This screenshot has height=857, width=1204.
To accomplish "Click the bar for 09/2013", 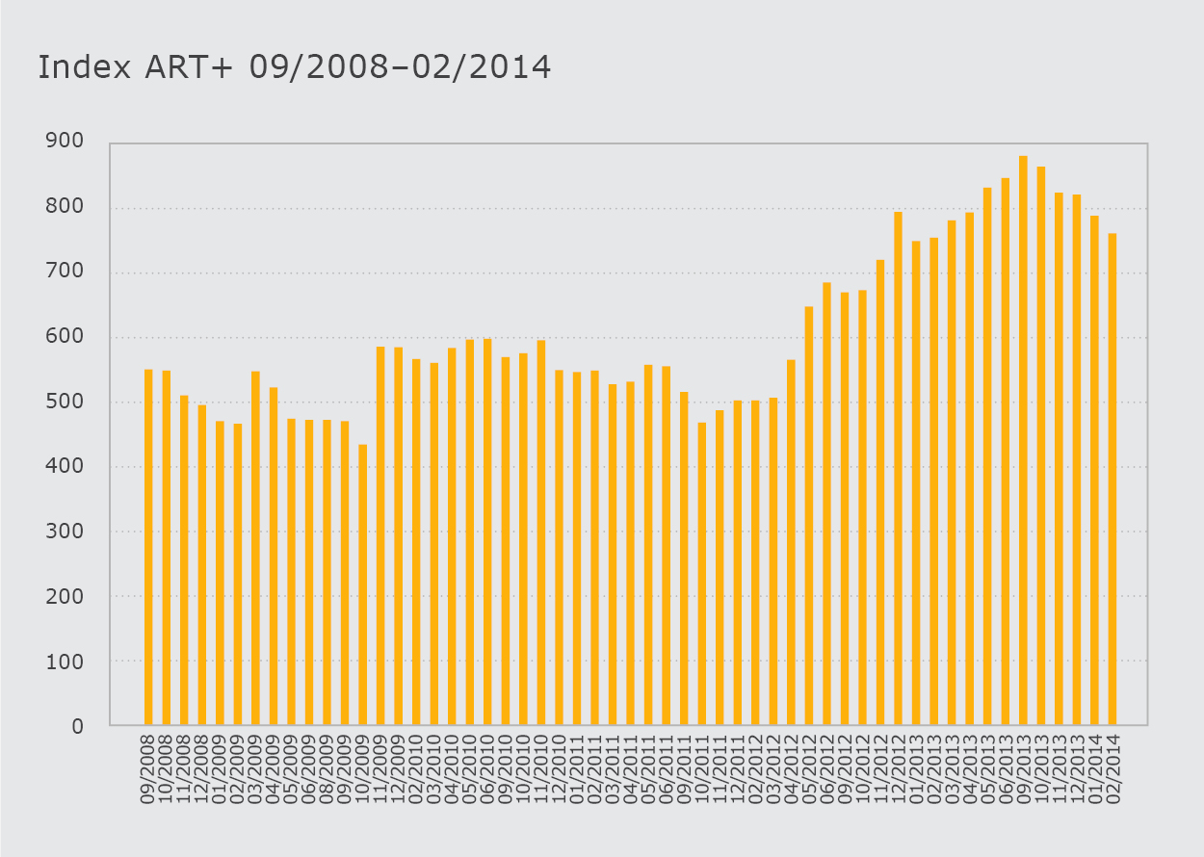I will point(1023,440).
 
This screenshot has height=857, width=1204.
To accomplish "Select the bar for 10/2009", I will point(362,584).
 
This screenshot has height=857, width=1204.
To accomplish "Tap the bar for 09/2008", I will point(148,547).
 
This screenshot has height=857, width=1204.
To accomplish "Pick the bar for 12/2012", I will point(898,468).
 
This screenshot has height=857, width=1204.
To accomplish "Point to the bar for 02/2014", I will point(1112,479).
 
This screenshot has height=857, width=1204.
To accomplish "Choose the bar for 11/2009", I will point(380,535).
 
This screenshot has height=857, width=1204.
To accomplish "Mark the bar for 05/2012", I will point(809,515).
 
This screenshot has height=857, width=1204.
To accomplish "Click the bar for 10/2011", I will point(702,573).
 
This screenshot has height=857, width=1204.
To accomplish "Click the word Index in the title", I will point(77,66).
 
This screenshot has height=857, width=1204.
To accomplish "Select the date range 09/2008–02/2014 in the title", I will point(399,66).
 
